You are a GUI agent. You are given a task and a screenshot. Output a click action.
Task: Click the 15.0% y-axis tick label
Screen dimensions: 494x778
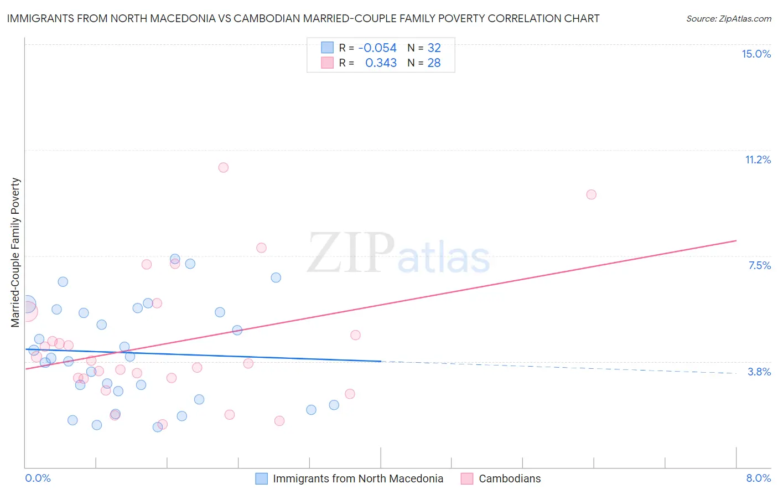point(756,54)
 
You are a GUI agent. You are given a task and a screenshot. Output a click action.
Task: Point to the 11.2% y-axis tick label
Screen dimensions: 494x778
point(758,159)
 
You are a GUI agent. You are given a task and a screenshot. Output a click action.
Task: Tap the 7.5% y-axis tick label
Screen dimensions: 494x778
point(759,265)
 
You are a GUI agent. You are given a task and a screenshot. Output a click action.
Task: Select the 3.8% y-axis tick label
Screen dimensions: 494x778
point(759,372)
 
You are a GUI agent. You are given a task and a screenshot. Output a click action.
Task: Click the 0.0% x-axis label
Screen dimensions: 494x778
point(38,478)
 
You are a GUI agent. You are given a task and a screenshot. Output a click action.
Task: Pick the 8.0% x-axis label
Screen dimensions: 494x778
point(758,478)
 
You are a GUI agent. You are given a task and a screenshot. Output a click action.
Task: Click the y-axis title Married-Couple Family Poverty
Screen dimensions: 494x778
point(15,252)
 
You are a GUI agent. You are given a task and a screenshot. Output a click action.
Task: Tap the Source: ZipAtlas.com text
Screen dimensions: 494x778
point(728,18)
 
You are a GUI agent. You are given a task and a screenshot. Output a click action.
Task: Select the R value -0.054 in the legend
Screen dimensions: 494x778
point(377,48)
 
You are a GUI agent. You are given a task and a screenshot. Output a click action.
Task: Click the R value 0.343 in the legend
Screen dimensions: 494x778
point(381,63)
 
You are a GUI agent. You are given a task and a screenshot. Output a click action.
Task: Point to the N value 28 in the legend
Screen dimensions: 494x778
point(434,63)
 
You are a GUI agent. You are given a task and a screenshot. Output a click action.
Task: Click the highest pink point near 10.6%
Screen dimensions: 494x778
point(224,167)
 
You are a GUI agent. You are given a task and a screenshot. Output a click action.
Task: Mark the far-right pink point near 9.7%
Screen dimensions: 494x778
point(591,194)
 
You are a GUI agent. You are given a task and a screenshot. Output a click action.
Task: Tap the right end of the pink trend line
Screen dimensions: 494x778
point(736,240)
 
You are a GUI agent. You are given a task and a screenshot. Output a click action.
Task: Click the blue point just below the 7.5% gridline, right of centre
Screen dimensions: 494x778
point(276,277)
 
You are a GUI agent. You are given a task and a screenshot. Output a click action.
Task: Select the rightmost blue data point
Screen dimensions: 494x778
point(334,405)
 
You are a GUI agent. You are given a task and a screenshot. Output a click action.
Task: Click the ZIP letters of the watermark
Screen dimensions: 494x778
point(351,253)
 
